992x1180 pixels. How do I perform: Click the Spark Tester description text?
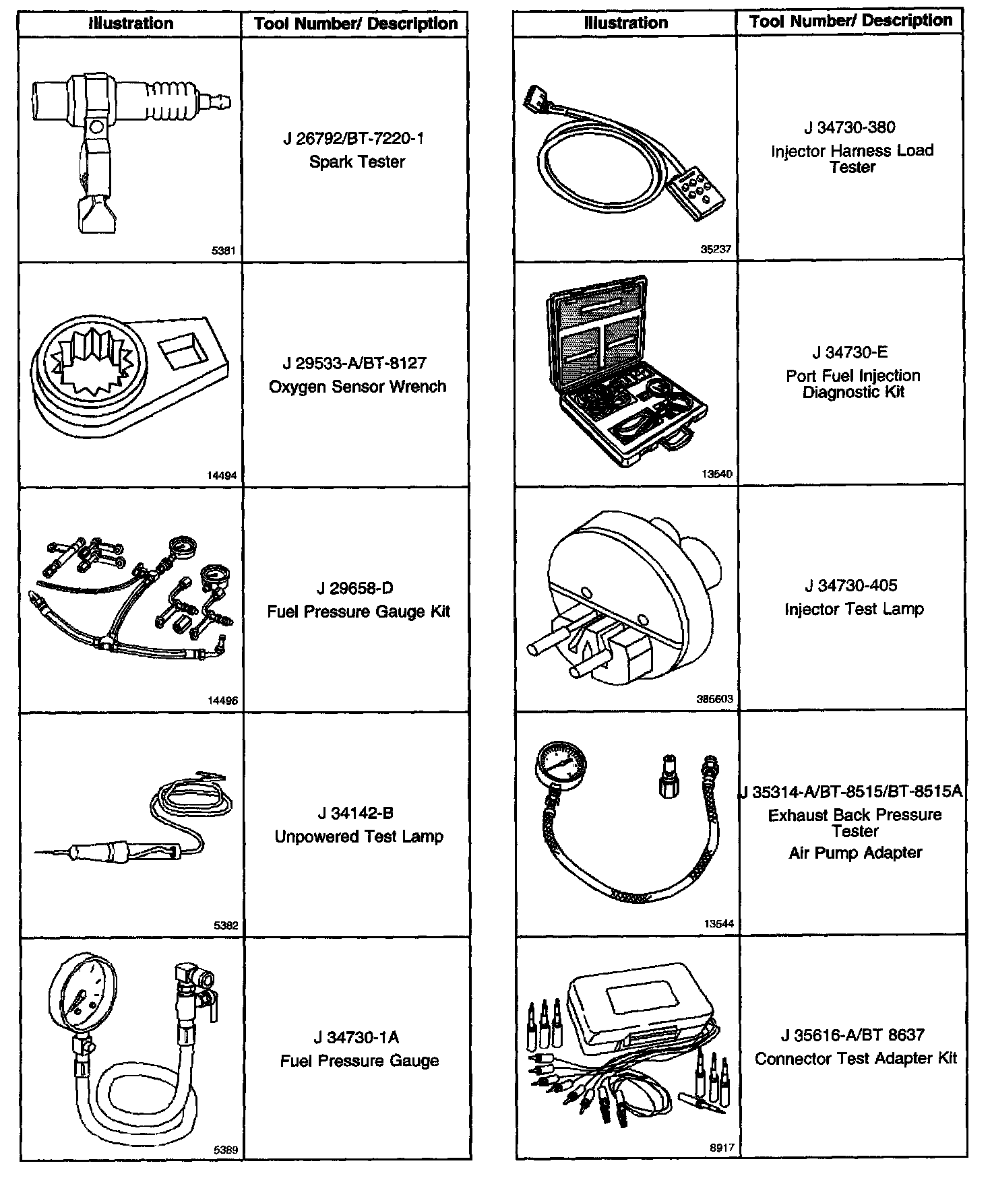coord(356,162)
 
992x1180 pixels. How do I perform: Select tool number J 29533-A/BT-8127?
coord(354,364)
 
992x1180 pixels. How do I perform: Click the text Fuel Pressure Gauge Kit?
coord(359,612)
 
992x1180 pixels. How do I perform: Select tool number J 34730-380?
coord(850,127)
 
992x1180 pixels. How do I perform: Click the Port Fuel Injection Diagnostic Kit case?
coord(627,370)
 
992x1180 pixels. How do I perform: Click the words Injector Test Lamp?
coord(854,610)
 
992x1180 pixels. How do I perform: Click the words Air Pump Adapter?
coord(855,853)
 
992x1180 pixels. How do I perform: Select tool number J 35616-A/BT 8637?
coord(852,1035)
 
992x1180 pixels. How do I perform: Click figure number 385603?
coord(714,699)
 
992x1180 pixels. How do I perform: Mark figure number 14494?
coord(222,476)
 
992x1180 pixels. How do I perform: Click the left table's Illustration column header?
coord(130,24)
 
